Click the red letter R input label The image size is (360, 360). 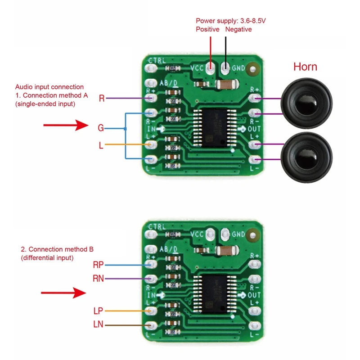[x=102, y=99]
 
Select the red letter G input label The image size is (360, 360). [x=101, y=128]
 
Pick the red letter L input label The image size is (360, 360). [x=101, y=145]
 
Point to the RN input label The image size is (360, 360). [x=98, y=279]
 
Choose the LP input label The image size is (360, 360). [x=98, y=310]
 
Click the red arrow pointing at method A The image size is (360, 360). [x=65, y=126]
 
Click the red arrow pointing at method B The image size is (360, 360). [x=63, y=293]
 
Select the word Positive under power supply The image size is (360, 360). [x=207, y=29]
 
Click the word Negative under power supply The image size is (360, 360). [x=238, y=29]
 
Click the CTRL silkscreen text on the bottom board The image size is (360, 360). [x=157, y=226]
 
